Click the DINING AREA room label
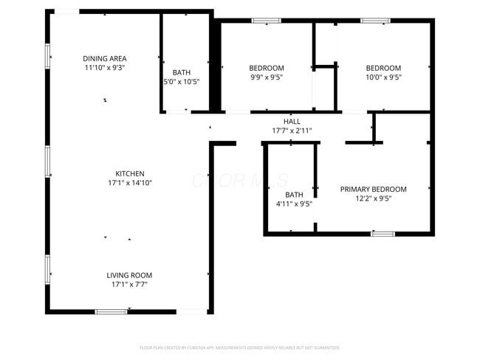point(104,58)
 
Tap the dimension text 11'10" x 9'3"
point(104,67)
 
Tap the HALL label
point(292,122)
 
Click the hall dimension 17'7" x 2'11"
point(292,131)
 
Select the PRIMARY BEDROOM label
point(373,189)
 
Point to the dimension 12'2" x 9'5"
point(373,198)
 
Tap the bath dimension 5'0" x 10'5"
point(181,81)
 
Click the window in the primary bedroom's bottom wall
point(383,233)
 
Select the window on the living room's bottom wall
point(112,312)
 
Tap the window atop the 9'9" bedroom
point(267,21)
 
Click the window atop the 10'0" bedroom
point(375,21)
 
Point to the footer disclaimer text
point(239,347)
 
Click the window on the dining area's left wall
point(48,55)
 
